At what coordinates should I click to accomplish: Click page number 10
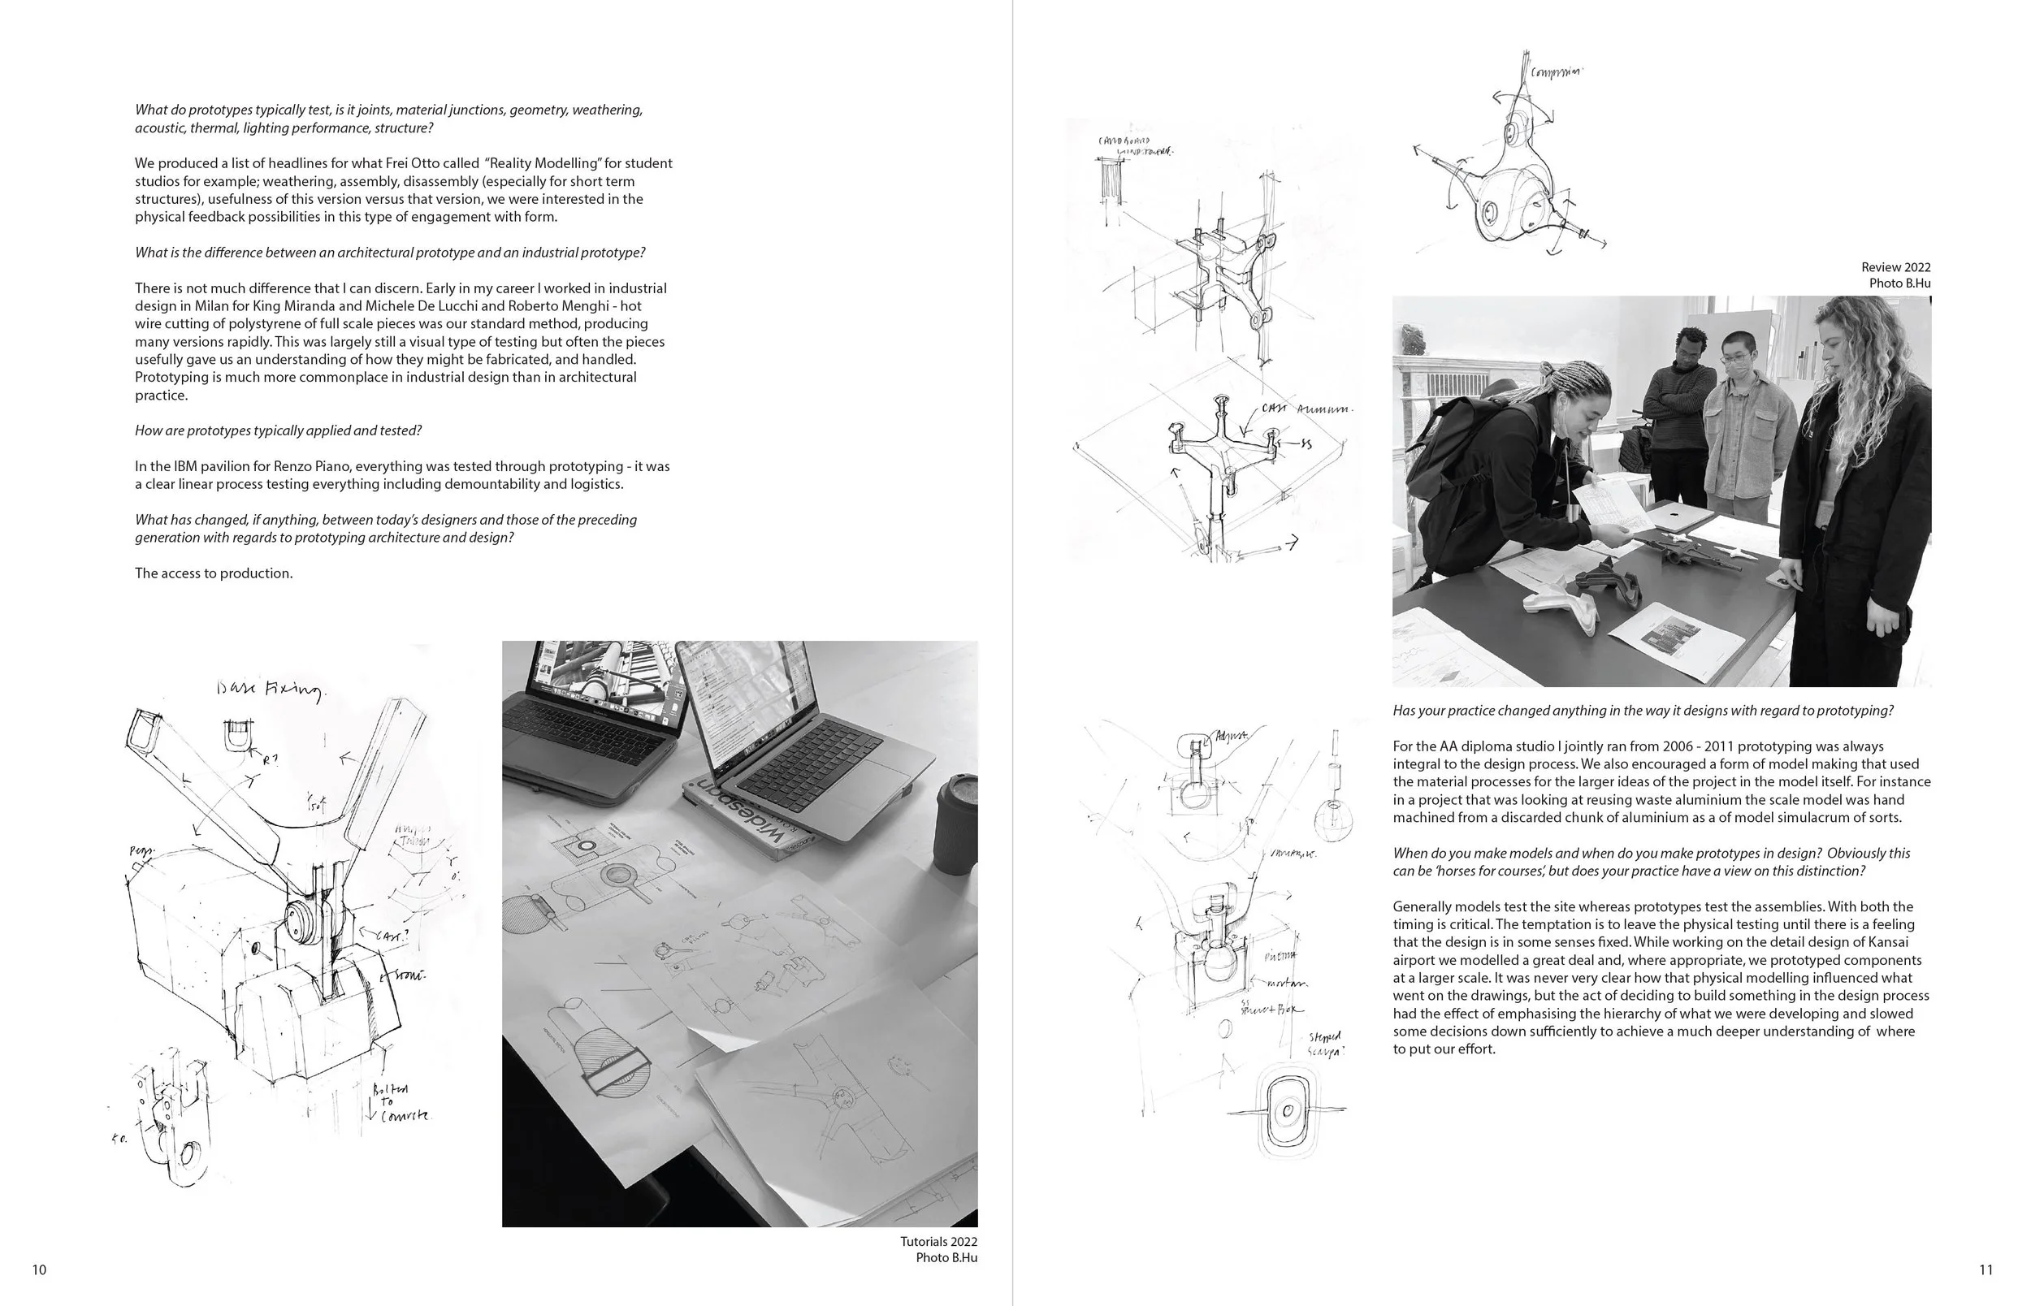click(x=39, y=1269)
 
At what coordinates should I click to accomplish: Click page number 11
click(x=1986, y=1269)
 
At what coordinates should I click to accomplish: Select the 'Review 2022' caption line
click(x=1895, y=267)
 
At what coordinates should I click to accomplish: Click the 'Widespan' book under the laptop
click(x=747, y=818)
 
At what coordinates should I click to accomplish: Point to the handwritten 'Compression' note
click(x=1555, y=73)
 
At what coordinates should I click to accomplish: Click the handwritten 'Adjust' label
click(x=1231, y=735)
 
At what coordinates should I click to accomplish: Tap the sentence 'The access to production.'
click(x=214, y=573)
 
